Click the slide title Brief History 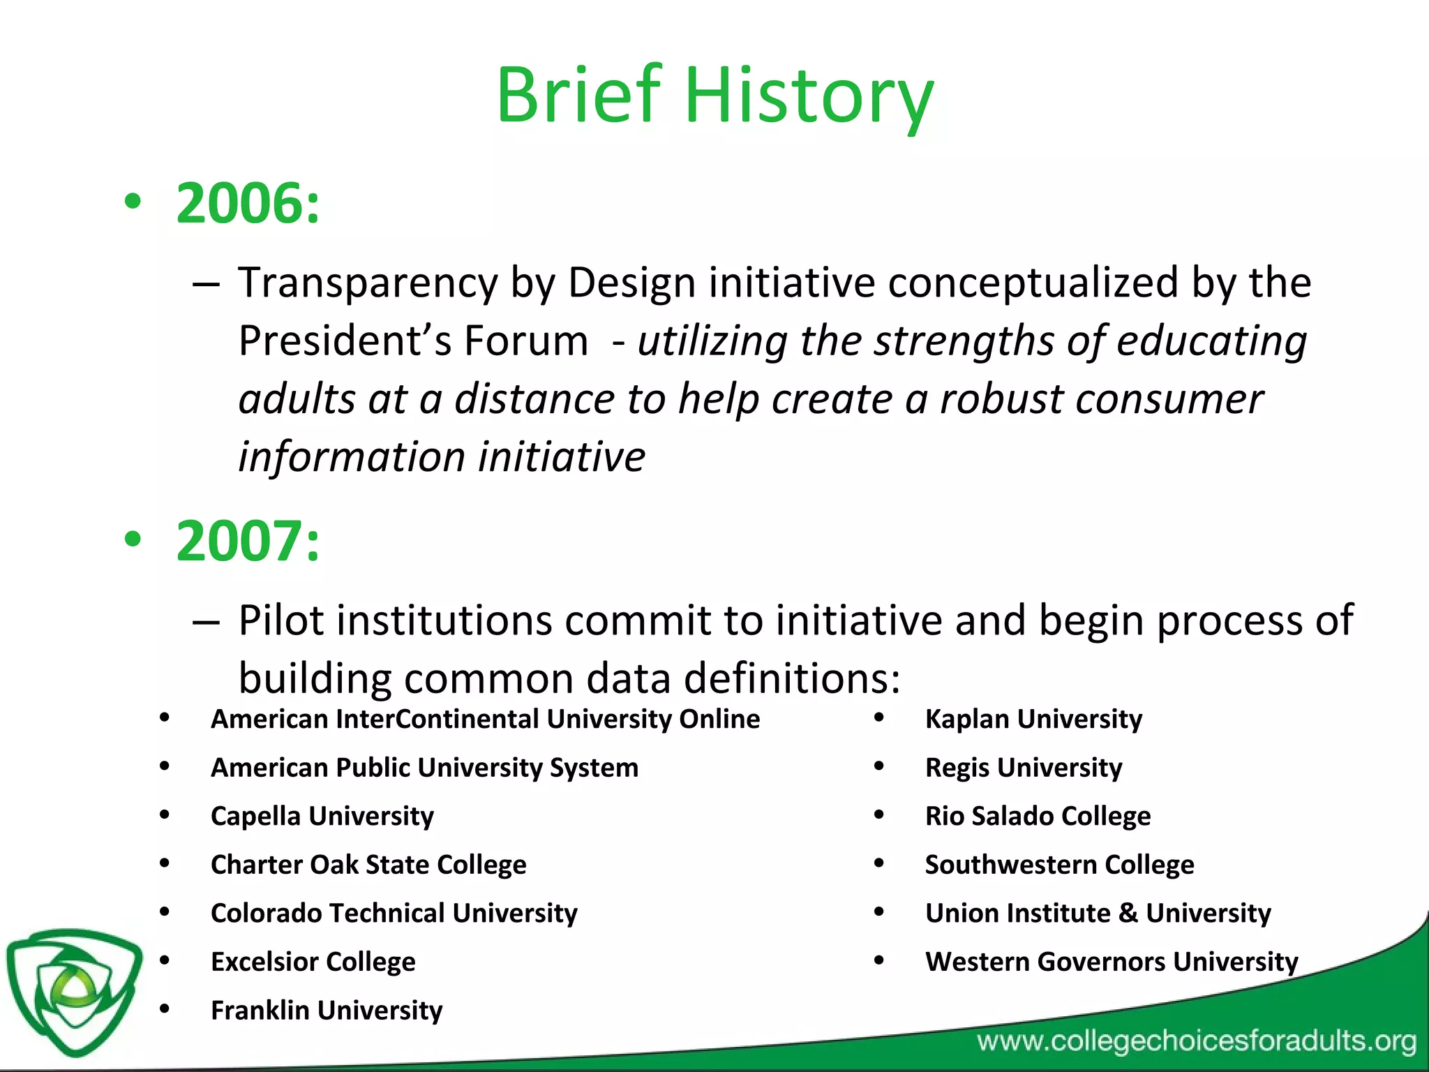click(x=714, y=96)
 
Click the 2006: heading click(x=248, y=203)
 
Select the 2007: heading click(x=248, y=541)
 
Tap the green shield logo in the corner click(x=73, y=991)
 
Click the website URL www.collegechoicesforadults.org click(x=1196, y=1041)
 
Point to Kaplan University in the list click(x=1033, y=719)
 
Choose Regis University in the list click(x=1024, y=768)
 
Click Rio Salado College click(x=1038, y=816)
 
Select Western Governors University click(x=1112, y=962)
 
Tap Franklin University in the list click(x=327, y=1010)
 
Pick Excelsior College click(x=313, y=962)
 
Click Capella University click(x=322, y=816)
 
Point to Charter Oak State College click(x=368, y=865)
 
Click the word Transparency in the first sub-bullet click(x=368, y=283)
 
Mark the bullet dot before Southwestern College click(x=879, y=863)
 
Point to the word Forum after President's click(x=526, y=341)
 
